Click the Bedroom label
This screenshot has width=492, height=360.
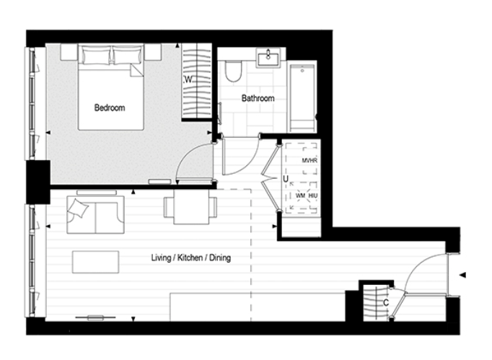(x=110, y=108)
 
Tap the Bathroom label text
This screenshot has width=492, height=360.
(x=258, y=98)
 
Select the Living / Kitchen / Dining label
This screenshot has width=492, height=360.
(x=190, y=258)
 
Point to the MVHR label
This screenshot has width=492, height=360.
(x=309, y=161)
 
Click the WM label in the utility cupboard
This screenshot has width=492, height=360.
(x=300, y=196)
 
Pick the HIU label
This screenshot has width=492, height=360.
(x=312, y=196)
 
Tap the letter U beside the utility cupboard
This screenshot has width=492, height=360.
(x=286, y=178)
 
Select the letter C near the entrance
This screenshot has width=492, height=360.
(x=386, y=303)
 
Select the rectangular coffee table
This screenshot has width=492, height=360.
(x=96, y=261)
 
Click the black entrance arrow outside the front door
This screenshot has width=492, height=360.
(x=462, y=274)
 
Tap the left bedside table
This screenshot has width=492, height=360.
(x=69, y=53)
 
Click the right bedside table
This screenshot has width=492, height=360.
(x=152, y=53)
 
